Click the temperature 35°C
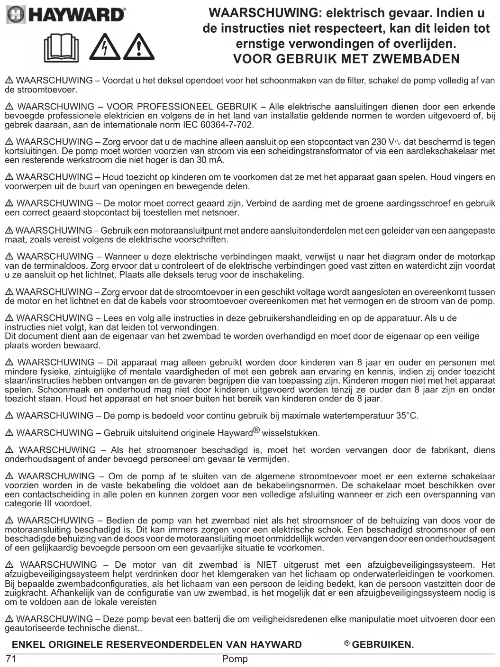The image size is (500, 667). coord(407,416)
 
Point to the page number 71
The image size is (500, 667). coord(11,659)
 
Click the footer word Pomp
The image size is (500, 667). coord(235,659)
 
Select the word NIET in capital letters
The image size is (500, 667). coord(267,565)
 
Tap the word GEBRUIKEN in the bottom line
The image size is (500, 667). coord(382,645)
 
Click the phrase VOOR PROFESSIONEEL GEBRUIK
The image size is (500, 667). coord(182,107)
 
